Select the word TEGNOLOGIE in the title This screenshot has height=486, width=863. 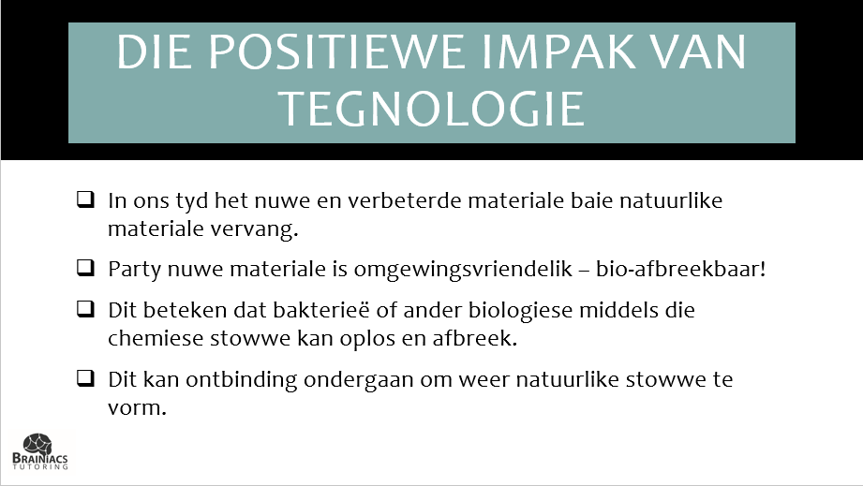pos(432,109)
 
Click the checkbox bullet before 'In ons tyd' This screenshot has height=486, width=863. pos(85,199)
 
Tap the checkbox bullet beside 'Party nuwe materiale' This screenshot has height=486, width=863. pos(85,268)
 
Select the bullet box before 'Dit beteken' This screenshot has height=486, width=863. pos(85,309)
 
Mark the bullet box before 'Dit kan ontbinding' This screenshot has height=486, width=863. pos(85,378)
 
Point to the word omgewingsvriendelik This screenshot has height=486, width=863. pos(464,270)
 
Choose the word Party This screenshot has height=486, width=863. pos(134,270)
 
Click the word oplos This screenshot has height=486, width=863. pos(367,339)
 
